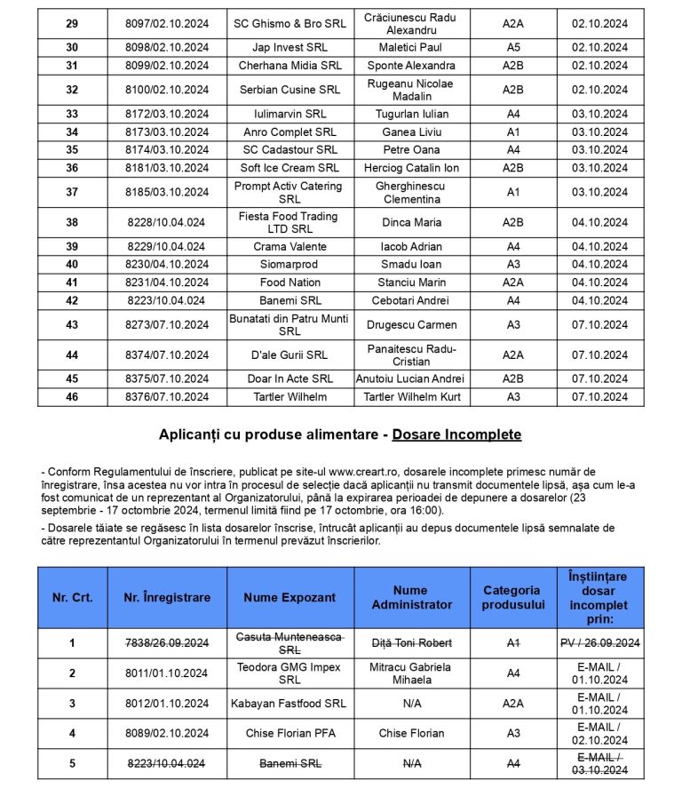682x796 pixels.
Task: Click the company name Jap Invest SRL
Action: (289, 47)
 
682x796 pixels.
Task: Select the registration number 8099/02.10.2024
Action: (167, 66)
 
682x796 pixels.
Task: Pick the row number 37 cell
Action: (72, 192)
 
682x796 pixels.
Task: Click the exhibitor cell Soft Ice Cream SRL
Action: (289, 168)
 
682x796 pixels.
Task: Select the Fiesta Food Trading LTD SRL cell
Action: (289, 222)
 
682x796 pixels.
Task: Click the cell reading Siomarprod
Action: (289, 265)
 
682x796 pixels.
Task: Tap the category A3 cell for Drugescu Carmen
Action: (513, 325)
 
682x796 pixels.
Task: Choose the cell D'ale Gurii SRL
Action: (289, 355)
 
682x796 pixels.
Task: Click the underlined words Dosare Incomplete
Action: (456, 434)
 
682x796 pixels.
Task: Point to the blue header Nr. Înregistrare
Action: (167, 598)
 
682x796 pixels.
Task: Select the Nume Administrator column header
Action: (411, 598)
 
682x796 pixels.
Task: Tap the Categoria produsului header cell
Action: (513, 598)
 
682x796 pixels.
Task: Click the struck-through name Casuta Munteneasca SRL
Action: (289, 643)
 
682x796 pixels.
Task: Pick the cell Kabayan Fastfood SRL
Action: (289, 704)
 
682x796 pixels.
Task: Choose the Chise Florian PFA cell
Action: (289, 734)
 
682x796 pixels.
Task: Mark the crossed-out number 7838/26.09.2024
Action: (167, 643)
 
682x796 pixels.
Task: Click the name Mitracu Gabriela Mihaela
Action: (411, 673)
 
